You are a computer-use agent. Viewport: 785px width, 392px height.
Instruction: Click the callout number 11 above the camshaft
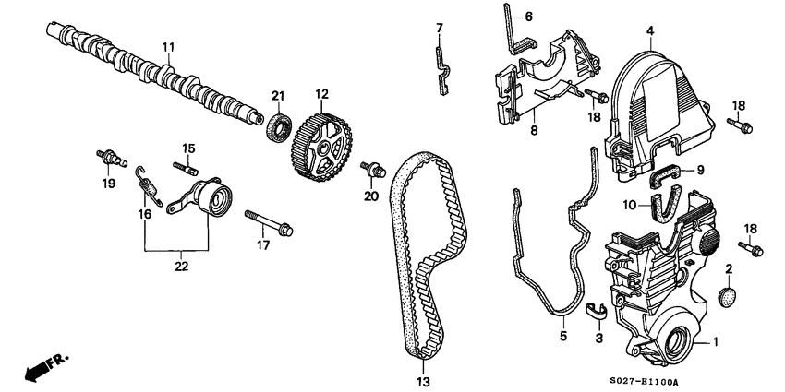coord(168,46)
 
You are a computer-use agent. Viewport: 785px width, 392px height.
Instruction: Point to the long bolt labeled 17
coord(269,222)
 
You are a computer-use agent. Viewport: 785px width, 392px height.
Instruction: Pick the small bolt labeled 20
coord(373,169)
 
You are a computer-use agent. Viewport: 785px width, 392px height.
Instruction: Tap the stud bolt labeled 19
coord(110,158)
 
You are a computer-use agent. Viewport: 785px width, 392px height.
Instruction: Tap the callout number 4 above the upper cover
coord(650,31)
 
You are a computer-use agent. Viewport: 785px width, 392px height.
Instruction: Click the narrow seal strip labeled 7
coord(441,65)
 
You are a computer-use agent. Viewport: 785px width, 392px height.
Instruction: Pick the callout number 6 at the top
coord(529,17)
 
